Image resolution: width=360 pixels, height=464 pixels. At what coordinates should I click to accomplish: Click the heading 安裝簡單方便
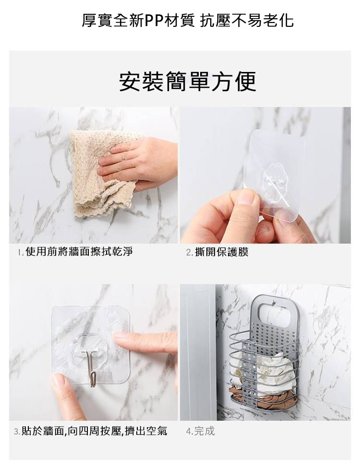(188, 82)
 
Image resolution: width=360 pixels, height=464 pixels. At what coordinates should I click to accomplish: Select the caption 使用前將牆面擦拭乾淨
(79, 251)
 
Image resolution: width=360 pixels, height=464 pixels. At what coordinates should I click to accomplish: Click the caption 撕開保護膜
(222, 252)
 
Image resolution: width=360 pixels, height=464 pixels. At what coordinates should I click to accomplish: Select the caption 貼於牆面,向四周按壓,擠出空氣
(95, 431)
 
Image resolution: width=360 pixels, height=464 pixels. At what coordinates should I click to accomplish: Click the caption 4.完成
(200, 431)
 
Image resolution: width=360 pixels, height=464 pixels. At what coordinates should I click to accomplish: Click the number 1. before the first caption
(20, 252)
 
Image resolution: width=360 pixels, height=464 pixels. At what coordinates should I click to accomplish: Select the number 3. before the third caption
(17, 432)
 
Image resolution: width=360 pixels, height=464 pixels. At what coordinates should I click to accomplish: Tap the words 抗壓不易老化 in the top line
(247, 21)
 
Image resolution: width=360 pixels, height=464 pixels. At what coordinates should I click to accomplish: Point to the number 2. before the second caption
(190, 253)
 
